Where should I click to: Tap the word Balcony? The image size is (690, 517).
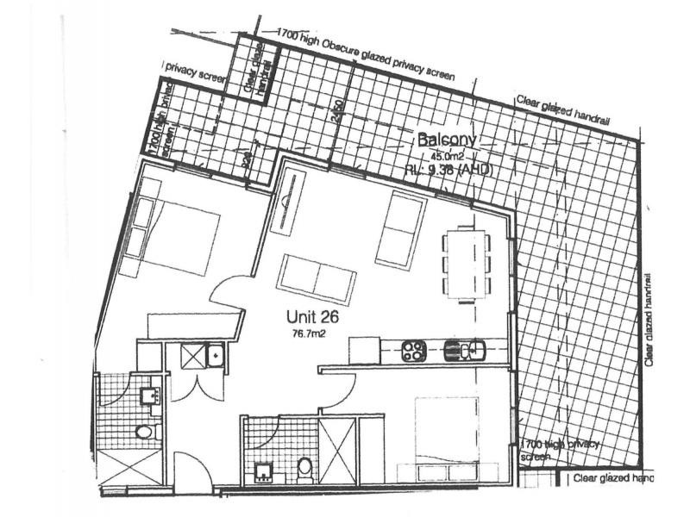[446, 139]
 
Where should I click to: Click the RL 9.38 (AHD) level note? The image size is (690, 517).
[448, 170]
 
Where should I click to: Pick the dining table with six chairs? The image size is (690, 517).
[466, 265]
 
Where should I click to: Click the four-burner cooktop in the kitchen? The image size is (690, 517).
[412, 350]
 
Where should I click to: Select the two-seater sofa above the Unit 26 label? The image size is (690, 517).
[316, 278]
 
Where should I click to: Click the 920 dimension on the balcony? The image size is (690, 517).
[248, 159]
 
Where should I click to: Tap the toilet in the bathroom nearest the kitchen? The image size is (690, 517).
[304, 468]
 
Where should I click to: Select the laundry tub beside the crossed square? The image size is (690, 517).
[216, 353]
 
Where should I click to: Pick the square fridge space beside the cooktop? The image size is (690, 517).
[364, 350]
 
